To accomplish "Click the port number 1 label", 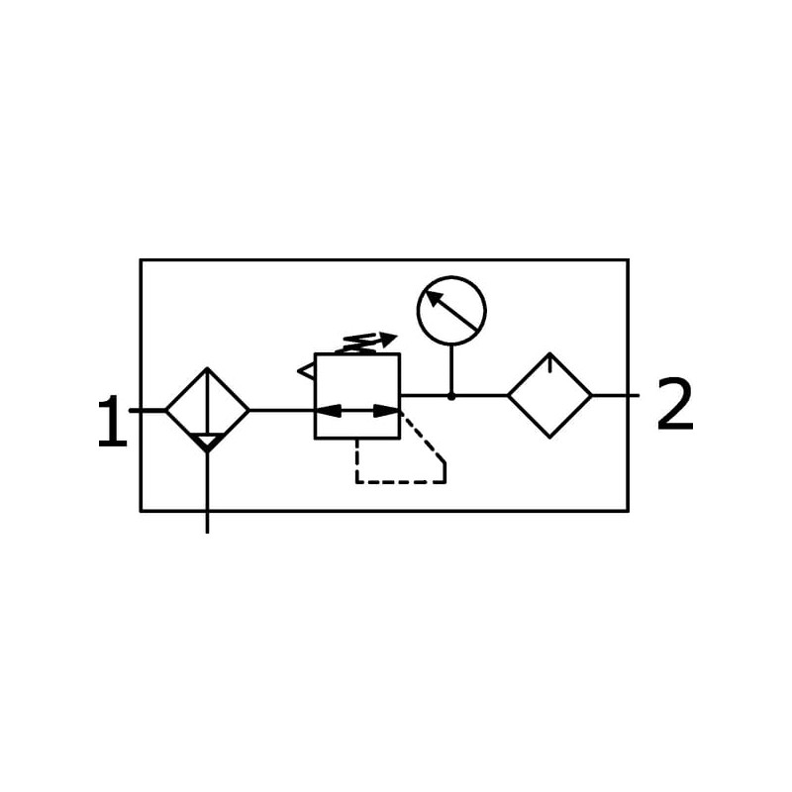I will click(112, 423).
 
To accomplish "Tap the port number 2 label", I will click(675, 406).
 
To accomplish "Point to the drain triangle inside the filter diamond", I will click(207, 441).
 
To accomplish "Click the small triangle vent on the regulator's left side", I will click(306, 371).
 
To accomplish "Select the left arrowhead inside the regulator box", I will click(328, 410).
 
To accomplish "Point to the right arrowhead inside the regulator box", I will click(387, 410).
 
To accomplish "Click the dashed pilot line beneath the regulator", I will click(401, 482).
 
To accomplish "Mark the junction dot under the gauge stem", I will click(451, 396).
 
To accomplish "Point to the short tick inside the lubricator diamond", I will click(550, 363).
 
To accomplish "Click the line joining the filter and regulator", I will click(281, 410).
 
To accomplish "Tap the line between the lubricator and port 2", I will click(614, 395).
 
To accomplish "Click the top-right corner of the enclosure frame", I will click(628, 260).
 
